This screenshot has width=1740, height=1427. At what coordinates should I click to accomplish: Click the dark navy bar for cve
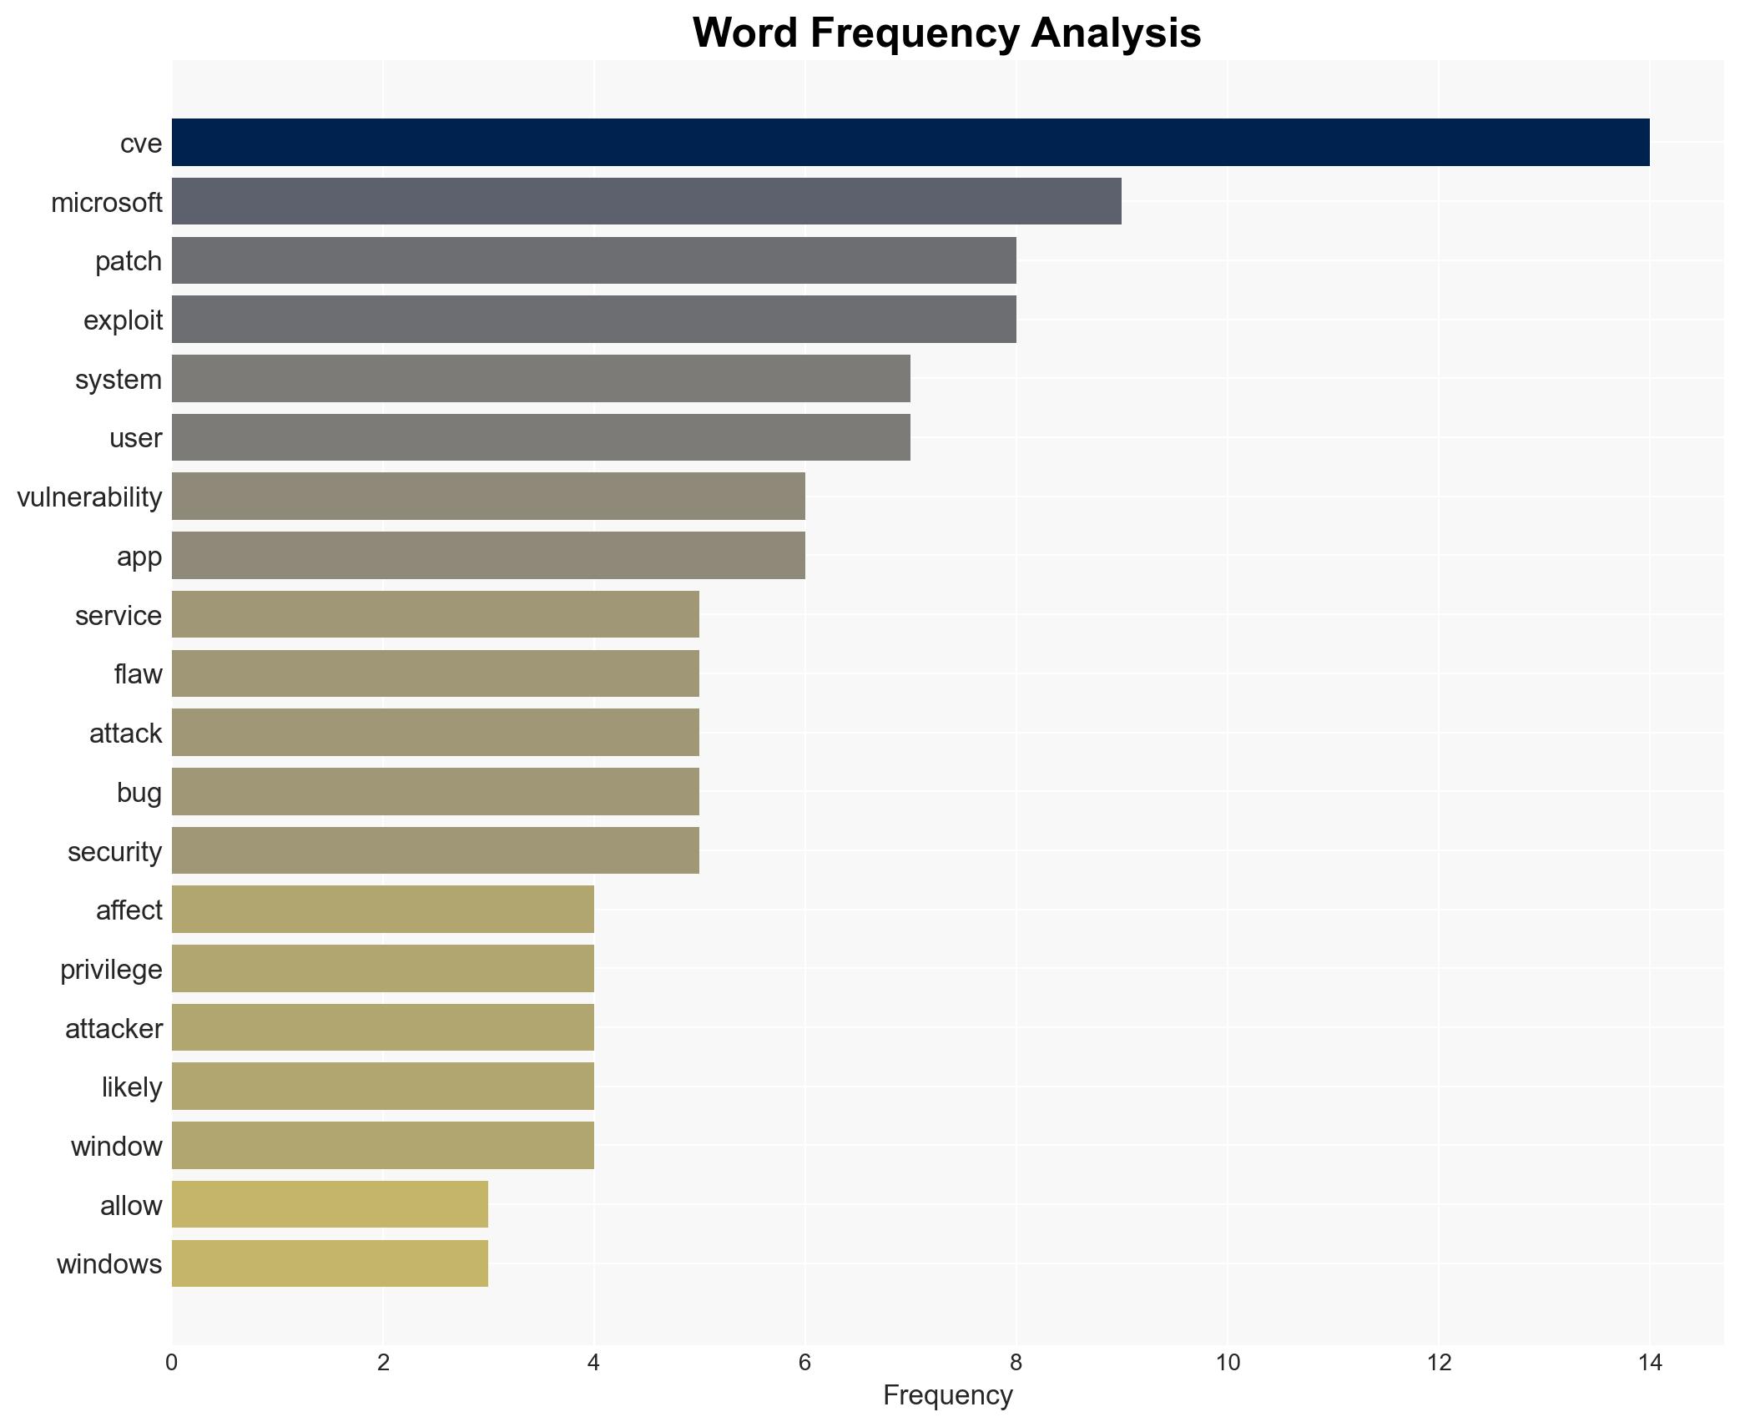[910, 143]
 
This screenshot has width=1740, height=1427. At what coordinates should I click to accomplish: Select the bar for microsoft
[646, 201]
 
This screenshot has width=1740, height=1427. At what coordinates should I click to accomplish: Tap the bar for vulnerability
[488, 497]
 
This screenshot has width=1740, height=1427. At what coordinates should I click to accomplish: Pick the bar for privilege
[382, 969]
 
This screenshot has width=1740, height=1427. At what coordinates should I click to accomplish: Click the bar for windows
[330, 1263]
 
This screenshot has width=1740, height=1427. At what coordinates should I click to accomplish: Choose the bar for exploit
[593, 320]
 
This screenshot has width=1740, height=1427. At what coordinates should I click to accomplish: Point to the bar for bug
[435, 792]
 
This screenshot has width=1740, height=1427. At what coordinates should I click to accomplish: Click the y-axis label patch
[129, 261]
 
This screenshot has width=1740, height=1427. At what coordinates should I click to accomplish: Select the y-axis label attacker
[113, 1028]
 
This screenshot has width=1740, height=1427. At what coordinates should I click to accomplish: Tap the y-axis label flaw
[138, 673]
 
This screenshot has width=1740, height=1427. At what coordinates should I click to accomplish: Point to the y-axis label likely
[132, 1087]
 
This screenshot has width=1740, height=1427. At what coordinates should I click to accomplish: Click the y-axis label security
[114, 851]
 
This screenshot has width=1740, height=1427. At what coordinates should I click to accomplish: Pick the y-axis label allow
[131, 1205]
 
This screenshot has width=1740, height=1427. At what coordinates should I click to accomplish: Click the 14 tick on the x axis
[1650, 1363]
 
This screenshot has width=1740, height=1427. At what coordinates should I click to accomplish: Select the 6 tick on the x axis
[804, 1363]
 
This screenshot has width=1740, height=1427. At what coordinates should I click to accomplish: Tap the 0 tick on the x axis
[172, 1363]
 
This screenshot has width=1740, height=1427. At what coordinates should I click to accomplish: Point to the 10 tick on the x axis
[1227, 1363]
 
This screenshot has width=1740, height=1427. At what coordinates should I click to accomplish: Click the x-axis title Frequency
[947, 1395]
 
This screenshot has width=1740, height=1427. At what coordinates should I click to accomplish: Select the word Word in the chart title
[746, 34]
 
